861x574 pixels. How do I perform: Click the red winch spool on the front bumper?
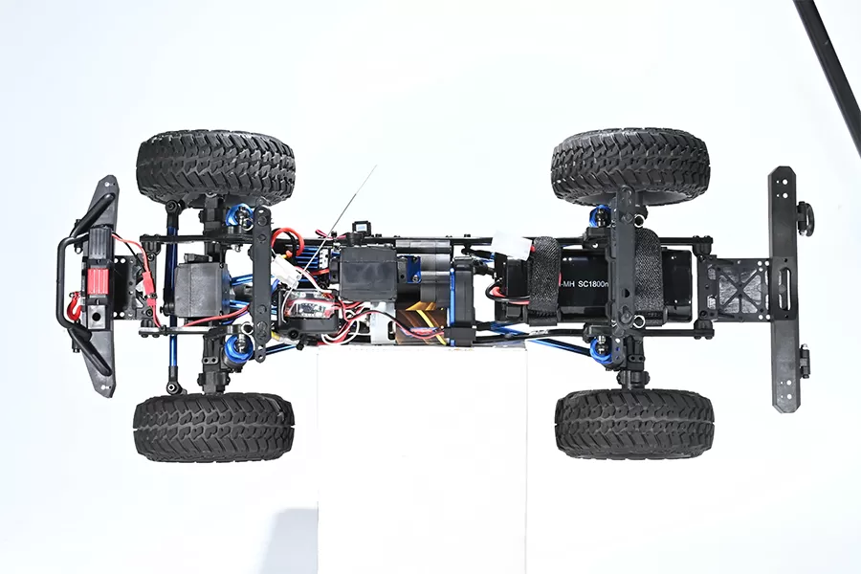point(98,281)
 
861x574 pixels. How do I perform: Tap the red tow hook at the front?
point(73,307)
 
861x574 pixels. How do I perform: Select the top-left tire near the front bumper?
point(215,166)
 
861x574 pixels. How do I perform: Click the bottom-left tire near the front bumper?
point(212,427)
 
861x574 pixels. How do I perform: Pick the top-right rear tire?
point(630,166)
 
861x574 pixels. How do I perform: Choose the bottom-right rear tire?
point(633,423)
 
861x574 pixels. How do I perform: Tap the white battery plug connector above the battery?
point(513,247)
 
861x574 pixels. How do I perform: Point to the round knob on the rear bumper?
point(806,218)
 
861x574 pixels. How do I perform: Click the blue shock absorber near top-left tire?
point(236,218)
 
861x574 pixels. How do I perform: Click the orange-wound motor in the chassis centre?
point(421,320)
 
